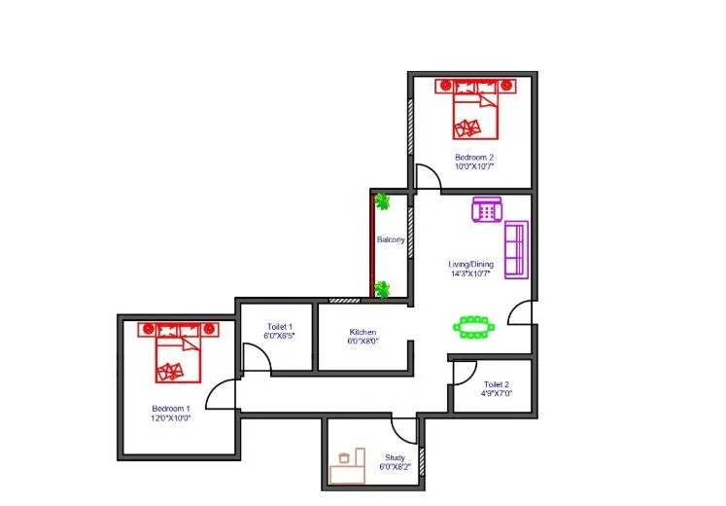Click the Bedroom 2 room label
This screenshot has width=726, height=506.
473,157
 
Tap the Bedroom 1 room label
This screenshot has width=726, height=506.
171,409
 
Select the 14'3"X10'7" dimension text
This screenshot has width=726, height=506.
471,273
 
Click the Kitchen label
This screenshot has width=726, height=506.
363,332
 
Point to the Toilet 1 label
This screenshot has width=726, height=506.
278,327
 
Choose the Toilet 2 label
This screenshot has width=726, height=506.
497,385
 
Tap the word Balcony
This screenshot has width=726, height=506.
390,239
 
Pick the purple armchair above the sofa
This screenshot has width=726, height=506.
486,209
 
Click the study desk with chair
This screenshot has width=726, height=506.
346,467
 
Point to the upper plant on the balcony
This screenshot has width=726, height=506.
383,202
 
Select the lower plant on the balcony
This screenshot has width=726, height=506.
383,289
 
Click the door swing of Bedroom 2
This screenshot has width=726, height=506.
427,178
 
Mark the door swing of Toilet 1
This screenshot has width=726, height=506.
256,359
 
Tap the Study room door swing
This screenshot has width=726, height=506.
403,429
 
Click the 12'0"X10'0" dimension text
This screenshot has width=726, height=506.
171,419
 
